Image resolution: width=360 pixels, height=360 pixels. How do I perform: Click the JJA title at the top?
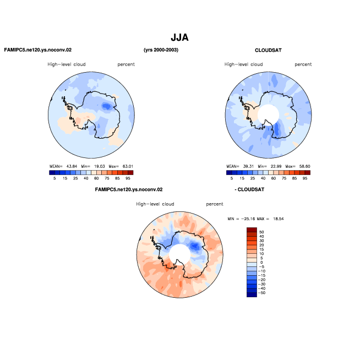[x=179, y=37]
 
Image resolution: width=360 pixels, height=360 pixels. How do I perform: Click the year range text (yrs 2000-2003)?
[x=161, y=50]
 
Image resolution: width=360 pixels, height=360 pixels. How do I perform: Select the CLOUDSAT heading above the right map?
[x=268, y=50]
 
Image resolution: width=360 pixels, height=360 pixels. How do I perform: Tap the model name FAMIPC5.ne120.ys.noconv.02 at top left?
[x=38, y=50]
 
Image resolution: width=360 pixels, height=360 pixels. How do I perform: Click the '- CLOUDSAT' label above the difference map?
[x=249, y=189]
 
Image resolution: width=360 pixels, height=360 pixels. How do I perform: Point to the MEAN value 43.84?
[x=72, y=166]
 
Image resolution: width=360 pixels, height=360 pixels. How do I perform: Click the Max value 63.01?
[x=128, y=166]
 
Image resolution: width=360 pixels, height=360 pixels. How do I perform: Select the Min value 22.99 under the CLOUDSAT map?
[x=276, y=166]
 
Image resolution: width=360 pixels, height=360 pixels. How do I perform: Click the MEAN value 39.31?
[x=248, y=166]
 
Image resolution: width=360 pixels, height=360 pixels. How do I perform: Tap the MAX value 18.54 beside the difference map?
[x=279, y=219]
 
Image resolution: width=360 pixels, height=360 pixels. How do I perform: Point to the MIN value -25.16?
[x=248, y=219]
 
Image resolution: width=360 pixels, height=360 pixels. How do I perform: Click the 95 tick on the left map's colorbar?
[x=128, y=178]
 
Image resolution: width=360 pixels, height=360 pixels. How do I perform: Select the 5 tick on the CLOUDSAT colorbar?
[x=232, y=178]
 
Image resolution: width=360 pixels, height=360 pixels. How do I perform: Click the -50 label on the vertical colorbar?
[x=261, y=293]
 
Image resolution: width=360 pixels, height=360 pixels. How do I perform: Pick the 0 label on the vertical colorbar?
[x=261, y=263]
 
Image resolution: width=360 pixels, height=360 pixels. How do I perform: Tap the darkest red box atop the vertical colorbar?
[x=252, y=230]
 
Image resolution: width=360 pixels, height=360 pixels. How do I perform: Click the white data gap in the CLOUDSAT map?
[x=268, y=114]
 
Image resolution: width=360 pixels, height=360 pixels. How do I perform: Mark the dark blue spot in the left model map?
[x=106, y=106]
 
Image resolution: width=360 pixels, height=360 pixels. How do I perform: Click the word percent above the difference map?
[x=215, y=204]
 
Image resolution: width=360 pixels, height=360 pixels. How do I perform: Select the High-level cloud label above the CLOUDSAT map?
[x=243, y=64]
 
